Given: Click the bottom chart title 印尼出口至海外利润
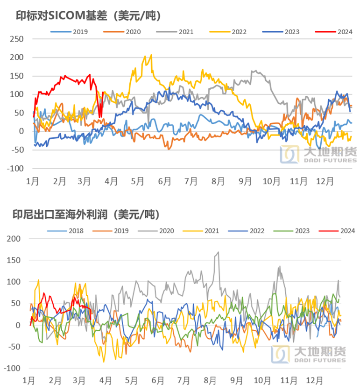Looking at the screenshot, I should [x=86, y=215].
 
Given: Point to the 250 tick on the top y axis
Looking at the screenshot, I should [x=17, y=39].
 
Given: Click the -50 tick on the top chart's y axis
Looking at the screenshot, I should [x=17, y=150].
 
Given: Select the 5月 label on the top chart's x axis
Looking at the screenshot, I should [x=137, y=182].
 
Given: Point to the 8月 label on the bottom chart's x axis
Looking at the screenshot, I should [x=210, y=380].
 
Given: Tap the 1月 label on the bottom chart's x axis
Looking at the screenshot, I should [x=28, y=380].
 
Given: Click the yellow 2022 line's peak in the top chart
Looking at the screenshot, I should [x=150, y=55].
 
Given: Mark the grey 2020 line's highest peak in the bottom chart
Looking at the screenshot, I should [x=218, y=253].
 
